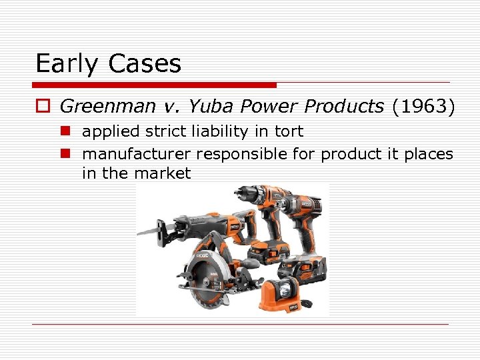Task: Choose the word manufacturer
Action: coord(136,154)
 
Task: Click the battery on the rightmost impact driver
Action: coord(303,270)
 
